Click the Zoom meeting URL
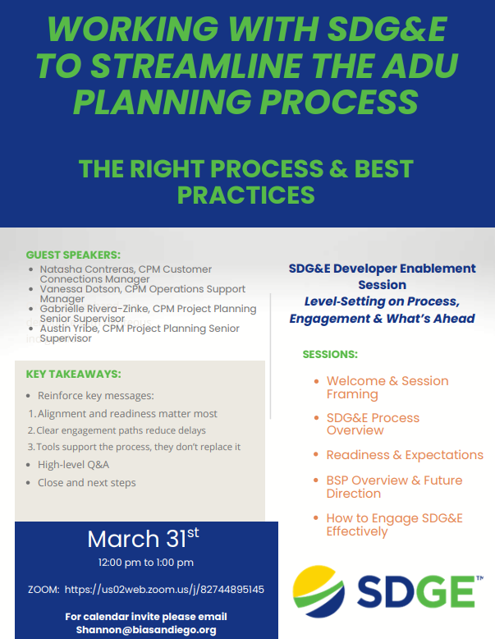pos(164,590)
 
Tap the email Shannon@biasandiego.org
pos(147,630)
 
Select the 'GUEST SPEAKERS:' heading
pos(73,255)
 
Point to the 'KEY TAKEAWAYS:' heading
pos(74,374)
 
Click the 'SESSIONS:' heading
pos(330,355)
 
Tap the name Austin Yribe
pos(69,329)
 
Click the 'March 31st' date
pos(143,539)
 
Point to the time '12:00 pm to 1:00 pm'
pos(146,563)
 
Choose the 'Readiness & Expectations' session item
pos(405,455)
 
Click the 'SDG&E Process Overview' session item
pos(373,424)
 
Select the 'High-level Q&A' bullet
pos(73,464)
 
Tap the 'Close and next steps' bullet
pos(86,483)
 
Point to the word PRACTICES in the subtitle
pos(246,195)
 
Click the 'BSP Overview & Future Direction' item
pos(394,486)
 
